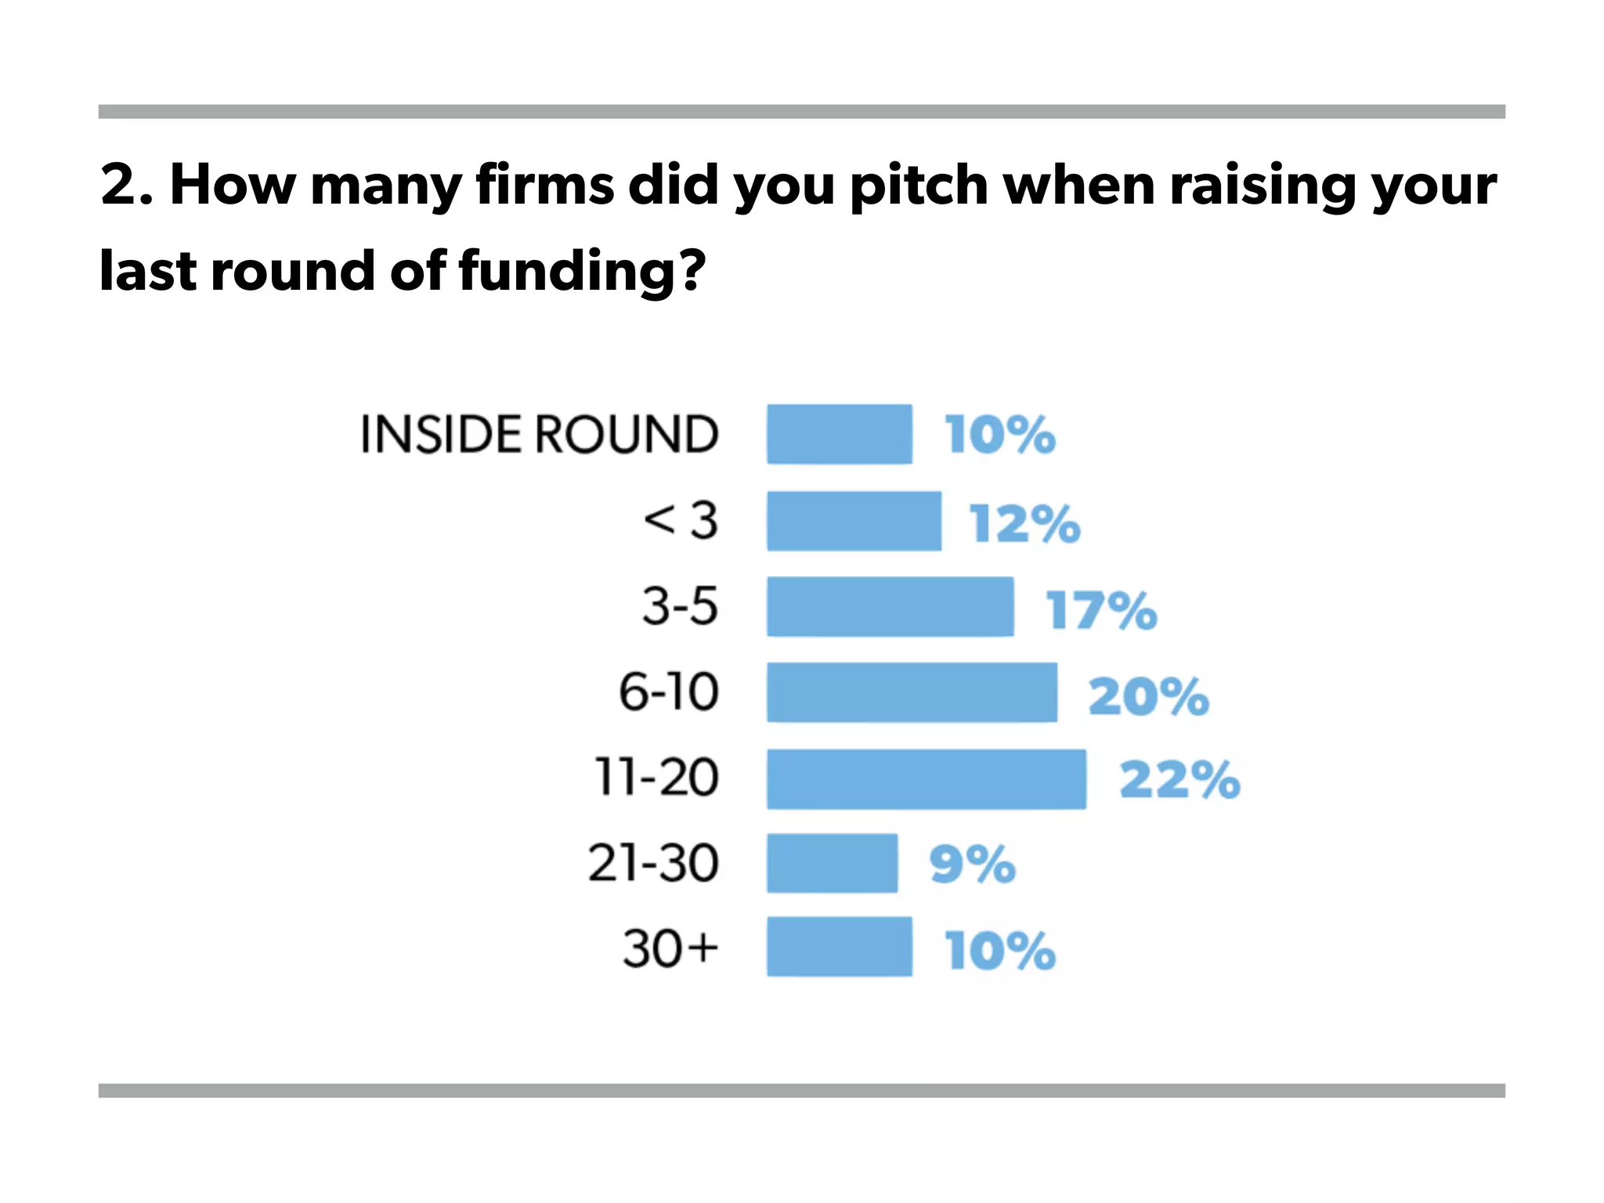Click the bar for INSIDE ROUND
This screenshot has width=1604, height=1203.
(839, 434)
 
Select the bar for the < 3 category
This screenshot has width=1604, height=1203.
(854, 521)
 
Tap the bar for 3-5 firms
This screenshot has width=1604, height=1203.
(890, 607)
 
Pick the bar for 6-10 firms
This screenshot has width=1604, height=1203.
(912, 692)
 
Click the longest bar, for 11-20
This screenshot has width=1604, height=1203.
(926, 779)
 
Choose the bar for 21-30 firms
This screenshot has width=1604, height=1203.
(832, 863)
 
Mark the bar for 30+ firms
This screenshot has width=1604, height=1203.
(839, 947)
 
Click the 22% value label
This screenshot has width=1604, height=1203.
(1180, 780)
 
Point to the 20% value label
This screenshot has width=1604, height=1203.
(1148, 695)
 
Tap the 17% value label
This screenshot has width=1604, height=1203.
(1101, 610)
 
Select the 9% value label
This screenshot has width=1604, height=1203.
(972, 865)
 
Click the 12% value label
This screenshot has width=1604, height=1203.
(1024, 523)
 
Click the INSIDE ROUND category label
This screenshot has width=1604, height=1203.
(539, 434)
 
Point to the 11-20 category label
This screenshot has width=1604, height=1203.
(656, 778)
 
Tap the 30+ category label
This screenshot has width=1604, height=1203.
(670, 948)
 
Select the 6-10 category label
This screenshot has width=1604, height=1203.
(668, 692)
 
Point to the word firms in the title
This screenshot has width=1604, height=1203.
(544, 185)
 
